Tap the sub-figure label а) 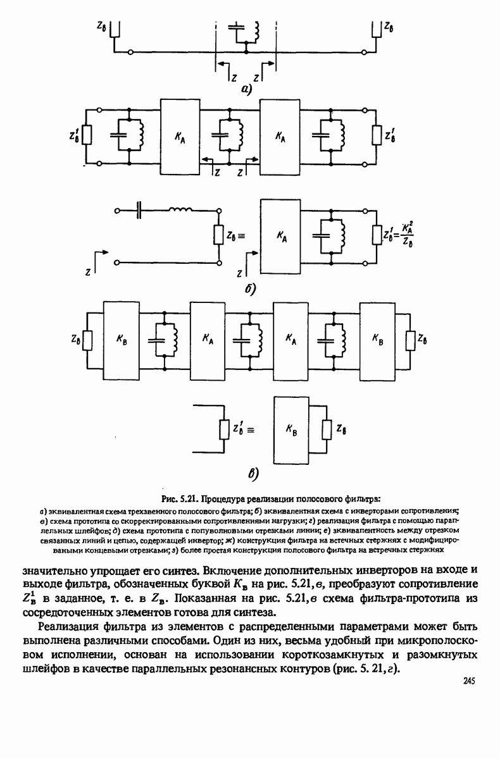coord(246,90)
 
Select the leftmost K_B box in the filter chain coord(120,339)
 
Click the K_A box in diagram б coord(281,236)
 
